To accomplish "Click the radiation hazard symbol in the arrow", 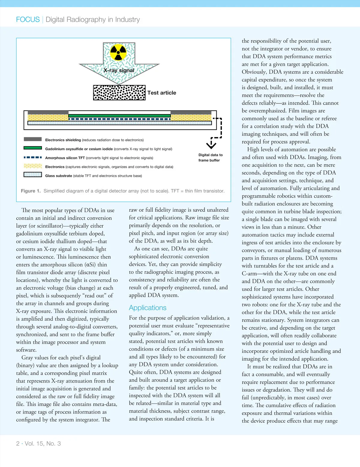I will [x=118, y=52].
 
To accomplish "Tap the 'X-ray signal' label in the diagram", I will [x=119, y=70].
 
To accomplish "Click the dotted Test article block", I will [x=119, y=93].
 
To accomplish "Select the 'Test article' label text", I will [x=162, y=93].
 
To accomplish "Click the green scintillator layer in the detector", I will [x=119, y=116].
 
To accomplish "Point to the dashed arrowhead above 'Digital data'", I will [x=211, y=145].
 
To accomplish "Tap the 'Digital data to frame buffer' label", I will [x=210, y=158].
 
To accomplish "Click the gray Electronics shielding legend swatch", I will [x=33, y=139].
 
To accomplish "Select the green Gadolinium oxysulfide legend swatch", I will [x=33, y=148].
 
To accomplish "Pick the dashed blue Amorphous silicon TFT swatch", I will [x=33, y=157].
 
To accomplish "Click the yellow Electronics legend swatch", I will [x=33, y=166].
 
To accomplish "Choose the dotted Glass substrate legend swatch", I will [x=33, y=174].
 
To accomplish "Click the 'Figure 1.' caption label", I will [x=31, y=191].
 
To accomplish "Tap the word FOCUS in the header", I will [x=28, y=20].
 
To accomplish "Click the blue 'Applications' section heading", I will [x=148, y=308].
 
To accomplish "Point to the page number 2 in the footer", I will [x=18, y=444].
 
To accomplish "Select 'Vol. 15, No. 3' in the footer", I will [x=43, y=444].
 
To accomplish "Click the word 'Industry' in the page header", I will [x=127, y=20].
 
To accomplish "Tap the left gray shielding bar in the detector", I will [x=48, y=113].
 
